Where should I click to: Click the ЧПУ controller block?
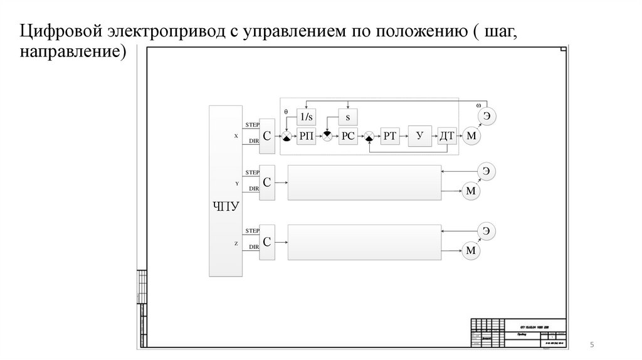coord(225,191)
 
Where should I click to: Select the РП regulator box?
coord(307,136)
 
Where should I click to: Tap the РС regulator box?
coord(348,136)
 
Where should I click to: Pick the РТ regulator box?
coord(391,136)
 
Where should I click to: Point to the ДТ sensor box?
coord(446,136)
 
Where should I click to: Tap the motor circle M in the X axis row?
coord(471,136)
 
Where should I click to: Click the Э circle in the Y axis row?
coord(486,171)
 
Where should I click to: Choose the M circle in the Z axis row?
coord(471,251)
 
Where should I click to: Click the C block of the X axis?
coord(266,134)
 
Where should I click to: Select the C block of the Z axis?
coord(266,240)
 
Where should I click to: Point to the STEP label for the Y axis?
coord(252,172)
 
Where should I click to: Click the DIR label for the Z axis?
coord(253,248)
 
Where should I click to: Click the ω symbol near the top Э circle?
coord(478,105)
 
